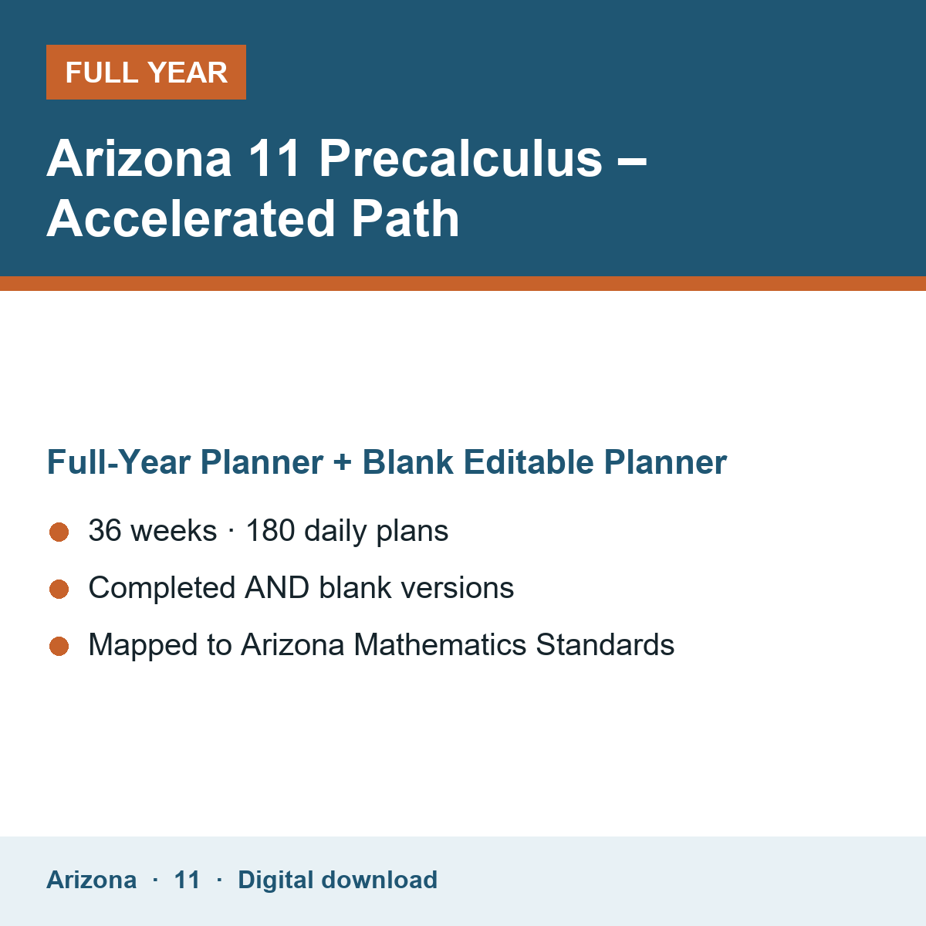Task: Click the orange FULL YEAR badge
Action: (x=146, y=72)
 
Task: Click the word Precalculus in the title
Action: (x=461, y=159)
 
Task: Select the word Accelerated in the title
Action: (x=191, y=219)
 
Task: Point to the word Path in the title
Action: (x=405, y=219)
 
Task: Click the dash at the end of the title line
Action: (x=631, y=163)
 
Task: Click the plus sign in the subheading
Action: (x=342, y=462)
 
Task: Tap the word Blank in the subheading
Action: (x=407, y=461)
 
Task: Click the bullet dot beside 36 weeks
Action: (x=59, y=532)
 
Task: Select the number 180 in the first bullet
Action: (x=270, y=530)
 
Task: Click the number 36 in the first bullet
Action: (x=105, y=530)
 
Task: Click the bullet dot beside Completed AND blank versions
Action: (x=59, y=589)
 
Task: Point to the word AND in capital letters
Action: (x=277, y=588)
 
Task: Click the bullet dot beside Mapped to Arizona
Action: (x=59, y=647)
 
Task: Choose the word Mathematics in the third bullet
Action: (x=440, y=644)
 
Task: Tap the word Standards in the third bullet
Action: (x=605, y=644)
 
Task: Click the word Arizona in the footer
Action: (x=91, y=880)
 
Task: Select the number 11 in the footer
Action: (x=187, y=880)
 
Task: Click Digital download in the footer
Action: (x=337, y=880)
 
